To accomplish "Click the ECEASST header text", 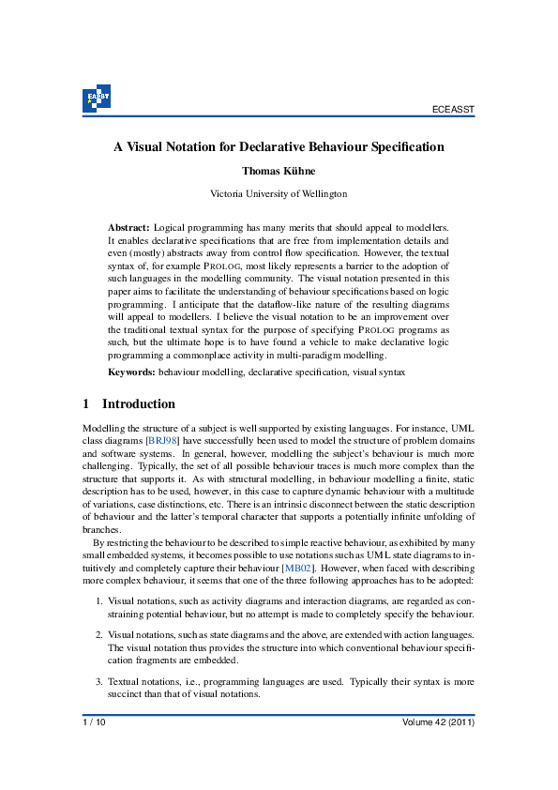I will pyautogui.click(x=454, y=110).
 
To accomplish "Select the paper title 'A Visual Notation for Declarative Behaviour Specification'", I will pyautogui.click(x=279, y=147).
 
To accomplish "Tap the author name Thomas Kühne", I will pyautogui.click(x=279, y=172).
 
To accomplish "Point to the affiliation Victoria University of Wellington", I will pyautogui.click(x=279, y=194).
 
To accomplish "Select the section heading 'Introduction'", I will pyautogui.click(x=138, y=404).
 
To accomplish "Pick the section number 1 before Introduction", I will pyautogui.click(x=86, y=404).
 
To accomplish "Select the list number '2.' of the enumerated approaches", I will pyautogui.click(x=99, y=635).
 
